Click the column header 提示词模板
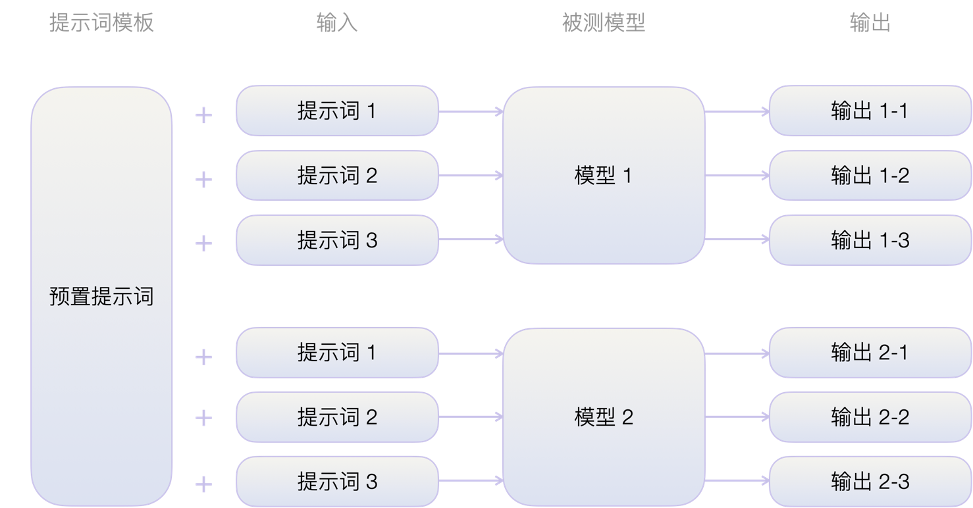click(101, 23)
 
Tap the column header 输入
click(336, 23)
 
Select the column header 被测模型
click(603, 23)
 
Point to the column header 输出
click(870, 23)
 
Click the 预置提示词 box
click(101, 296)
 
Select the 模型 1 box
click(603, 176)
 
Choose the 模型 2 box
click(603, 417)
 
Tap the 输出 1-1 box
click(870, 111)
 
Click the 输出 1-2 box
click(870, 176)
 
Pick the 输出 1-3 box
click(870, 240)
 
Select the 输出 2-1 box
click(870, 353)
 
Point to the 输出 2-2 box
click(870, 417)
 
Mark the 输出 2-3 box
click(870, 482)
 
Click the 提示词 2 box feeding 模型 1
click(337, 176)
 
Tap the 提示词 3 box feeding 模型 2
click(337, 482)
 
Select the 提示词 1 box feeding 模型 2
click(337, 353)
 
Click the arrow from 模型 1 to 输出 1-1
click(737, 112)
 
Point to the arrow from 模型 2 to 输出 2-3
click(737, 481)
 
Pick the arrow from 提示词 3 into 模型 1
click(471, 240)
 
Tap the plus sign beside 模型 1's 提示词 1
click(204, 116)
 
